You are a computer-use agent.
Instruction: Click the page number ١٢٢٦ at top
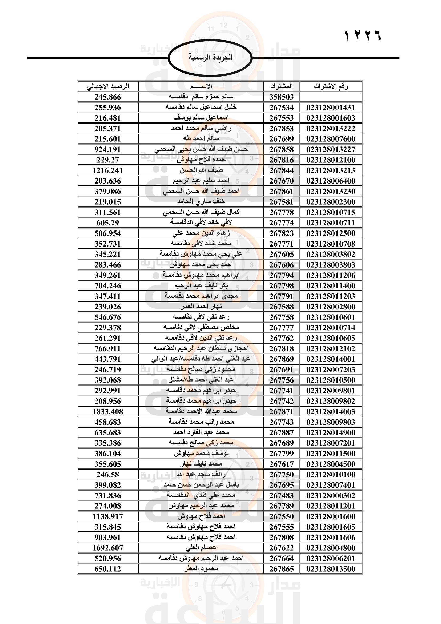point(363,35)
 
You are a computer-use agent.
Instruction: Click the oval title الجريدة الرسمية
point(210,57)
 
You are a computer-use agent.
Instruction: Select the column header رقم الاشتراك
point(331,86)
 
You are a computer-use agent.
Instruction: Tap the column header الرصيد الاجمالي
point(107,86)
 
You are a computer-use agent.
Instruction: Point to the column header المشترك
point(281,86)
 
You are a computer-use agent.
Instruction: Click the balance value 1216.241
point(107,170)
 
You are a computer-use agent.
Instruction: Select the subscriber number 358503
point(281,97)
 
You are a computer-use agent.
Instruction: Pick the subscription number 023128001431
point(331,107)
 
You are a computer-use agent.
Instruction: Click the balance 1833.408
point(107,412)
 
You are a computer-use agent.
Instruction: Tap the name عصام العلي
point(201,548)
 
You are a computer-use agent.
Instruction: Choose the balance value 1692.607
point(107,548)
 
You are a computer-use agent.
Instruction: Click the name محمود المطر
point(201,569)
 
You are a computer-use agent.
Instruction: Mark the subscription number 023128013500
point(331,569)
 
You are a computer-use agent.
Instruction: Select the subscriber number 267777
point(281,328)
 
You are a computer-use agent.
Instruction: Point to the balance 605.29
point(107,223)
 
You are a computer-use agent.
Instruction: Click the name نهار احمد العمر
point(201,307)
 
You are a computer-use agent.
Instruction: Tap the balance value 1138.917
point(107,516)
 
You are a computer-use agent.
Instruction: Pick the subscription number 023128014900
point(331,433)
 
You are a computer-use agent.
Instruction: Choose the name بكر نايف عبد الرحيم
point(201,286)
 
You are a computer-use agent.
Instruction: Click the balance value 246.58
point(107,475)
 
